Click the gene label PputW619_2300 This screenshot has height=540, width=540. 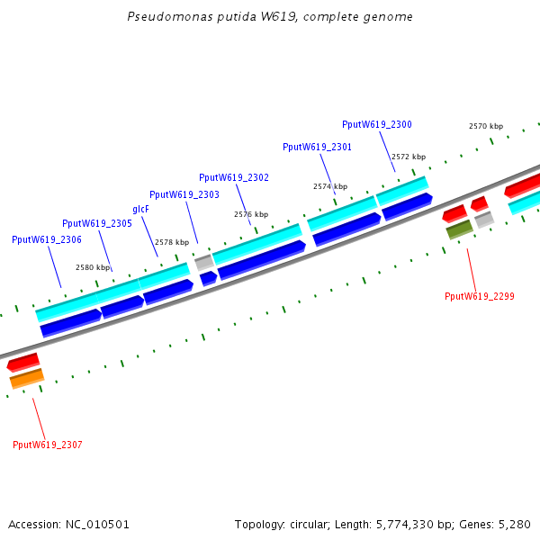[377, 124]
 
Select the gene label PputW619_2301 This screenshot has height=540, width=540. [317, 147]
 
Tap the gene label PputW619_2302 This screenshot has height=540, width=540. [234, 177]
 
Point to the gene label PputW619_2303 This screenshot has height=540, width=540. [184, 194]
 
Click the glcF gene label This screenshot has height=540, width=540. [140, 209]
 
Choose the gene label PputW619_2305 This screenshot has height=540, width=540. [97, 223]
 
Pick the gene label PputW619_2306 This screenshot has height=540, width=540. [47, 239]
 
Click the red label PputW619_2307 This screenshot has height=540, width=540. [48, 445]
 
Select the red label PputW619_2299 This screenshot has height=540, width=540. [480, 296]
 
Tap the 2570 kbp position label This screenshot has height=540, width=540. [486, 126]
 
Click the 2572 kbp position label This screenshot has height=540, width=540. [408, 156]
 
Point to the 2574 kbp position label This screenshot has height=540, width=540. [330, 186]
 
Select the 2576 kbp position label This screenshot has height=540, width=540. [251, 214]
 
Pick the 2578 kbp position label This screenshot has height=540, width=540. [172, 242]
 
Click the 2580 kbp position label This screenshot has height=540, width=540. [93, 267]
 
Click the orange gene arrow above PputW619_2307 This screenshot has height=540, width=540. [26, 380]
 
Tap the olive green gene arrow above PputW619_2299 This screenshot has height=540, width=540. [460, 230]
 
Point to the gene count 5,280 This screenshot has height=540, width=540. [514, 524]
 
